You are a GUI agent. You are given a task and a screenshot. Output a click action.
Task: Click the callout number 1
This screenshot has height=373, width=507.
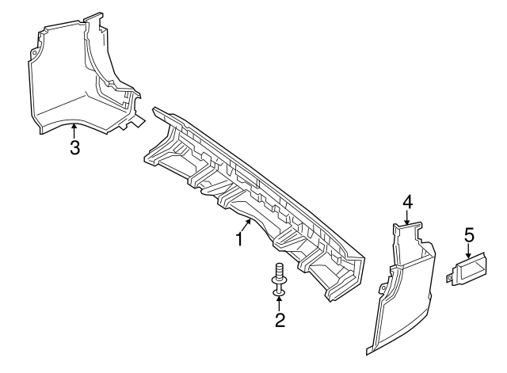click(x=237, y=238)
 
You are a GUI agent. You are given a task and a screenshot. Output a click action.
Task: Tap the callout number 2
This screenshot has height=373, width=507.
click(x=279, y=320)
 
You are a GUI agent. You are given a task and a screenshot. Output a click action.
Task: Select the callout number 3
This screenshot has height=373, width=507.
click(x=74, y=148)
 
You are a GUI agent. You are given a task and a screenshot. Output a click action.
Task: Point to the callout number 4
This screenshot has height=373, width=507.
click(x=407, y=203)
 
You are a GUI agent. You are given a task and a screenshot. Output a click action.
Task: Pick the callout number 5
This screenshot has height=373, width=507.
click(x=468, y=234)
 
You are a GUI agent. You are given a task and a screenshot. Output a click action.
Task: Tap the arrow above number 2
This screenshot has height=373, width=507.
click(x=279, y=303)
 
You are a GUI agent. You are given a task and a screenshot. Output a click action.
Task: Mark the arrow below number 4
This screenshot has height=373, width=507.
click(x=407, y=220)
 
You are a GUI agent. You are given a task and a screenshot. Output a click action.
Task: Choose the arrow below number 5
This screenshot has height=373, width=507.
click(x=468, y=252)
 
